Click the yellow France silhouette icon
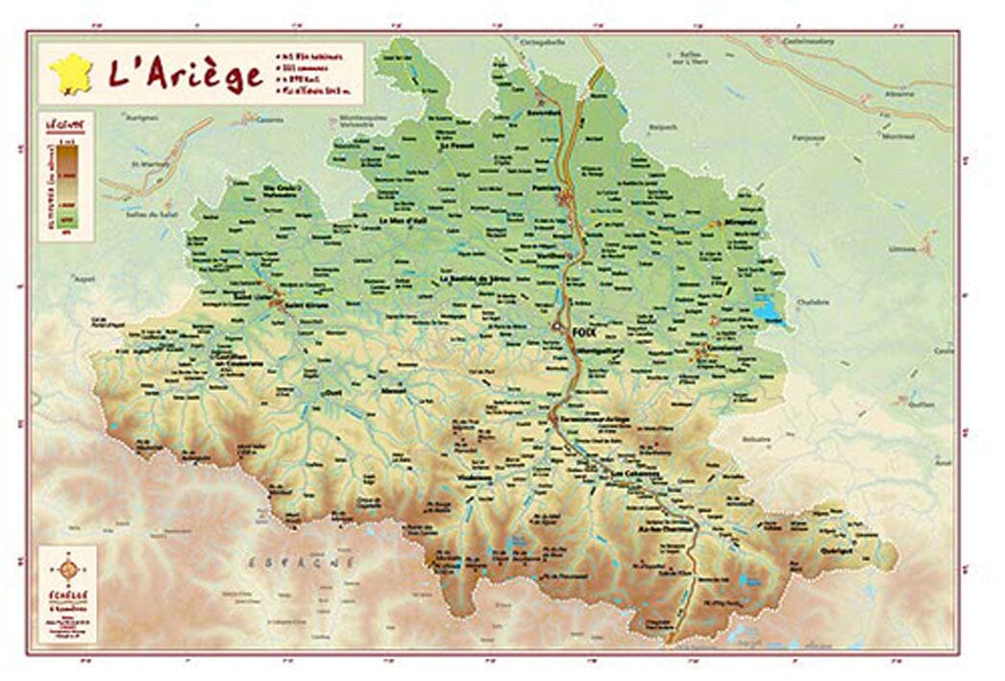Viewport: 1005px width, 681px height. click(73, 74)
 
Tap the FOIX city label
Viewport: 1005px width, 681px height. click(582, 330)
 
